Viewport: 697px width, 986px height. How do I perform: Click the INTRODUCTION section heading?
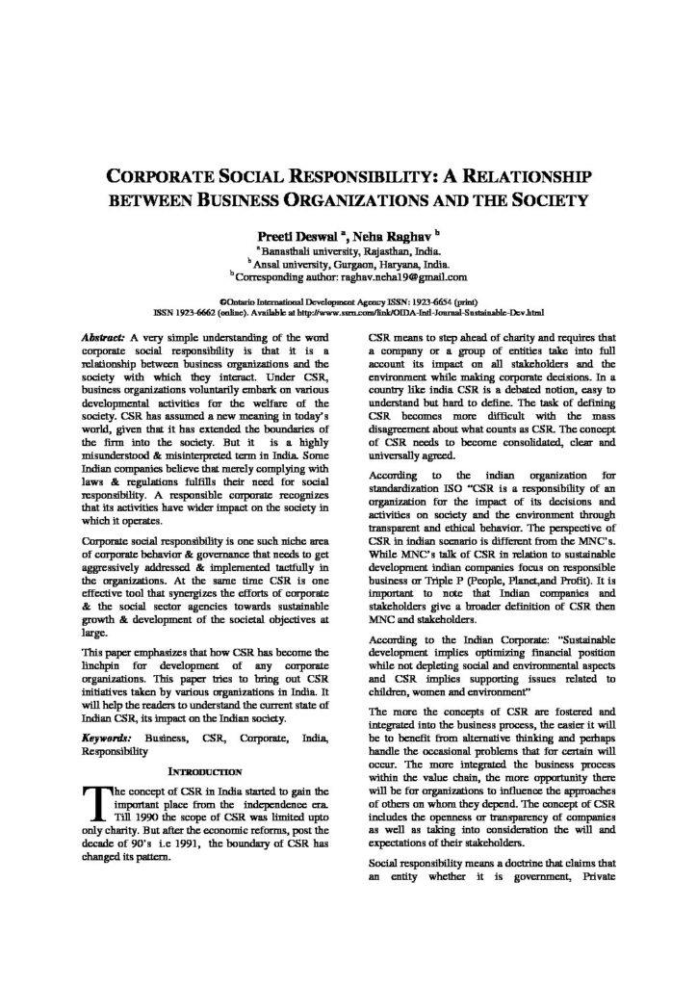pyautogui.click(x=206, y=771)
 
